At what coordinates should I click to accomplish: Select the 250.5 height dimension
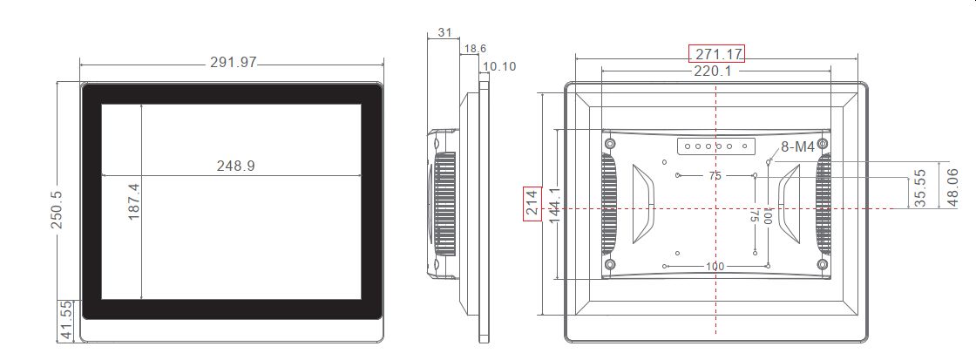pos(57,211)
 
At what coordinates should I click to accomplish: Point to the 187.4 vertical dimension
pos(134,201)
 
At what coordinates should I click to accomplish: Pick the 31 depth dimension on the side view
pos(444,32)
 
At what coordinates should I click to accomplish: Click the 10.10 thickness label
pos(498,66)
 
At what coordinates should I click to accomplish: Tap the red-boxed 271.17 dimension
pos(716,54)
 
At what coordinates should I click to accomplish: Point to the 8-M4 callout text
pos(797,147)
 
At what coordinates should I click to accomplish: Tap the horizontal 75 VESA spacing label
pos(715,176)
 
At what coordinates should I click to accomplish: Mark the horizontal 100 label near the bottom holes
pos(715,266)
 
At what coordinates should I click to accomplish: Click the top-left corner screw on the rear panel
pos(610,143)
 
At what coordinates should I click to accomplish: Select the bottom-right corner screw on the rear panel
pos(822,264)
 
